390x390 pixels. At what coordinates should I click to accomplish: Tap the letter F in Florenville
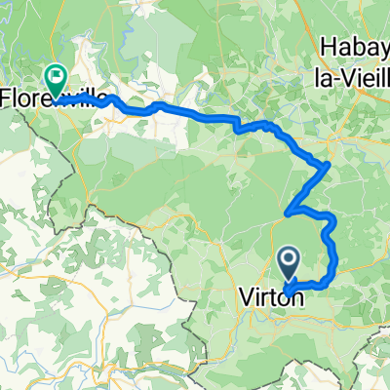(x=7, y=97)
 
